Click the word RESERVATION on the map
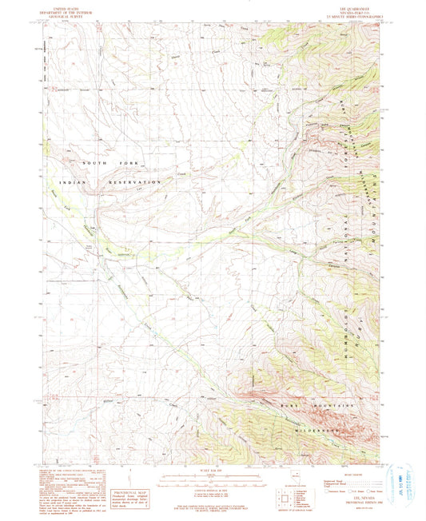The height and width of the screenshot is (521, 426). (x=141, y=183)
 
